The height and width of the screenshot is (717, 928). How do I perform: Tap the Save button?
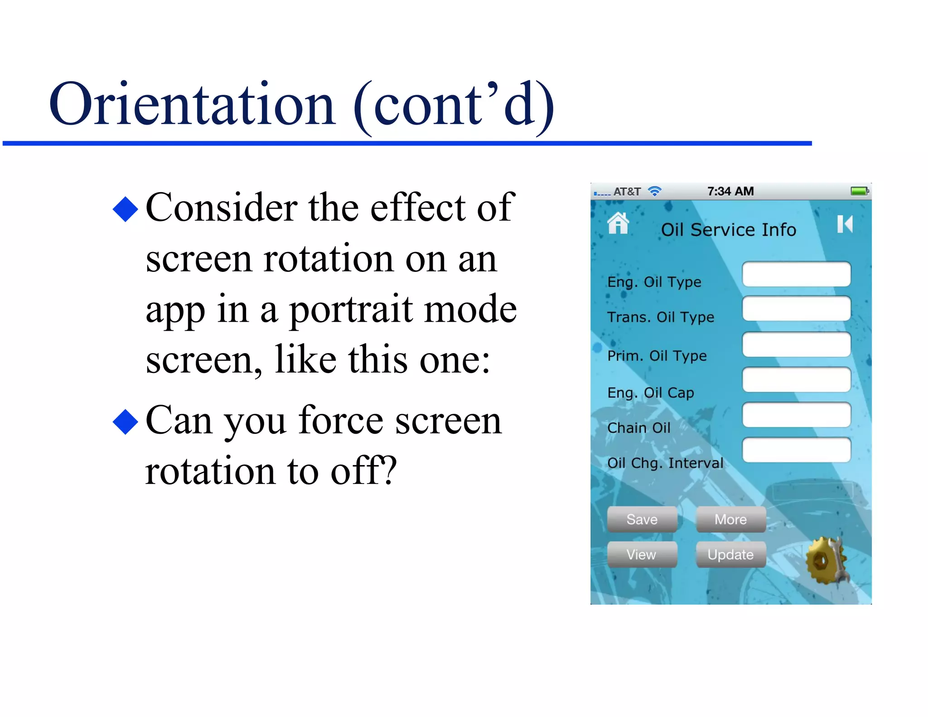642,519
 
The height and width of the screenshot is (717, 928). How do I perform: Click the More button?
730,519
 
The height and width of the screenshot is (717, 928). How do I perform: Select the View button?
642,554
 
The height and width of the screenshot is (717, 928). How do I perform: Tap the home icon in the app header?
618,223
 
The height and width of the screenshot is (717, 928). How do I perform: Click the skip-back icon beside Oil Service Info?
845,224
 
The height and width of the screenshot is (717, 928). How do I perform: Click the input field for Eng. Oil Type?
796,274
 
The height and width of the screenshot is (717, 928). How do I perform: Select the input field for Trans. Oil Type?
796,309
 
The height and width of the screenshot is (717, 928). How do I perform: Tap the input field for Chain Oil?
796,415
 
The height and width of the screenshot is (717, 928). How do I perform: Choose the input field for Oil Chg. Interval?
796,450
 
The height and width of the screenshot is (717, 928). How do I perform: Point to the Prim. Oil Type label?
657,356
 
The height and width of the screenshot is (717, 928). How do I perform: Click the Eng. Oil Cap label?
650,392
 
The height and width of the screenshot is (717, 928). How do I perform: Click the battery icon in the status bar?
859,191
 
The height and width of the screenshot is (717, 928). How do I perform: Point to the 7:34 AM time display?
730,191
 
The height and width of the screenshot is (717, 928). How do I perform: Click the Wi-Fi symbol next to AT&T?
655,191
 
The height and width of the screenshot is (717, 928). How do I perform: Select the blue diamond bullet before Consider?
125,209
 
